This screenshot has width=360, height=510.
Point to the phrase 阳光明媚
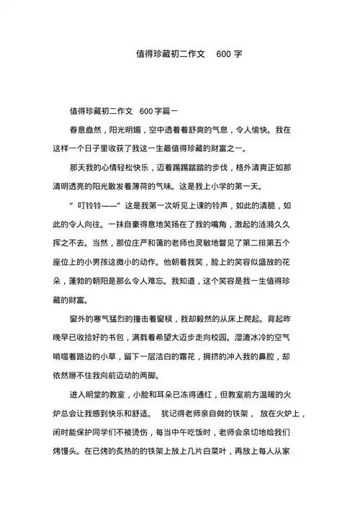127,130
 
